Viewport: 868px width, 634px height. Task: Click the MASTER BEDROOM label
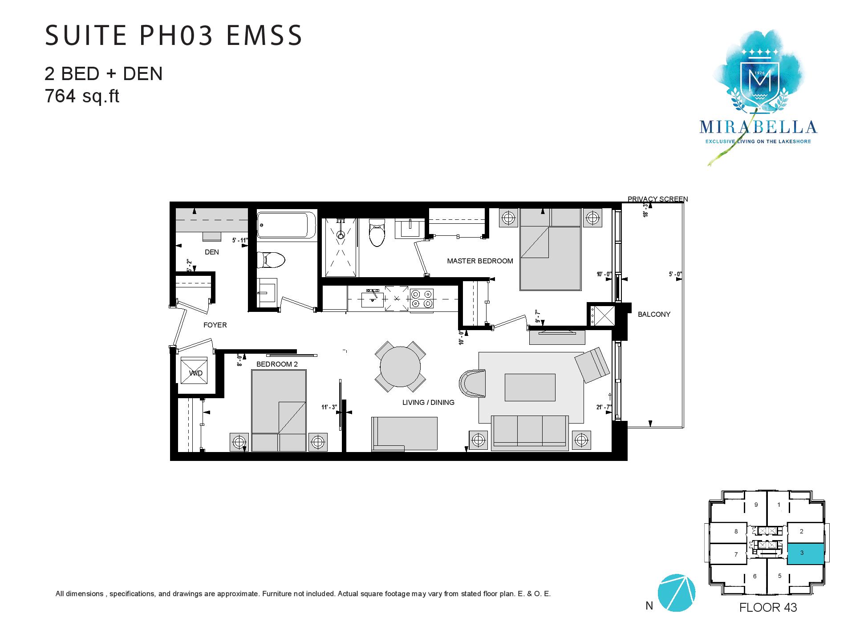click(x=480, y=261)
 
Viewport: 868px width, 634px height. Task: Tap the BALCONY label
click(x=654, y=314)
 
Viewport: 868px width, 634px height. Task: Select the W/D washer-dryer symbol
click(x=194, y=370)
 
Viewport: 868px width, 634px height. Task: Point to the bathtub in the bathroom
click(x=287, y=225)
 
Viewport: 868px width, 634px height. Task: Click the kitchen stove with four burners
click(x=422, y=299)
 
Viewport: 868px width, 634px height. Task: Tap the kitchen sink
click(x=372, y=298)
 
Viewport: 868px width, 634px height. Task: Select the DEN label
click(x=212, y=252)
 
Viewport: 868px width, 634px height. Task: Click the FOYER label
click(x=215, y=325)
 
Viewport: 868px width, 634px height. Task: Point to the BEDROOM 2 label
click(x=277, y=364)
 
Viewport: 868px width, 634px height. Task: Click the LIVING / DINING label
click(x=428, y=403)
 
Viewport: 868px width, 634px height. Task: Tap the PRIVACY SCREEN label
click(x=657, y=199)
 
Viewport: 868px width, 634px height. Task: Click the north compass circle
click(x=676, y=593)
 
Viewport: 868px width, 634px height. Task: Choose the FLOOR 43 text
click(x=768, y=607)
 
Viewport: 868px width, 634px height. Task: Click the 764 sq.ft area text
click(x=82, y=96)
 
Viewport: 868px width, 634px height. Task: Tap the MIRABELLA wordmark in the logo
click(x=758, y=127)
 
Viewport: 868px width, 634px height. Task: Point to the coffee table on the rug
click(x=530, y=387)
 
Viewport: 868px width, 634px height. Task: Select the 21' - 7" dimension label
click(x=604, y=407)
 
